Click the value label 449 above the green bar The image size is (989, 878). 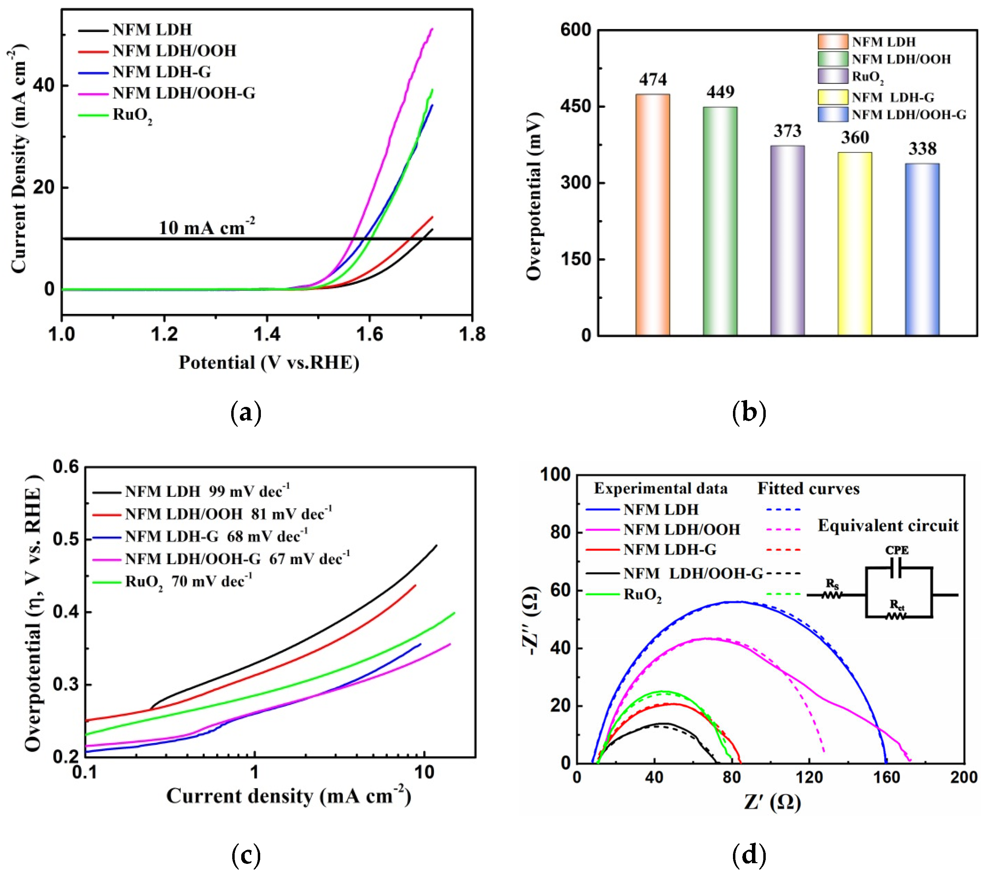[720, 92]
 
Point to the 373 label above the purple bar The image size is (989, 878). [787, 131]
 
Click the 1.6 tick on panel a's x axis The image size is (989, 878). [369, 334]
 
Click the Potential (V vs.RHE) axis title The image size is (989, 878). [269, 362]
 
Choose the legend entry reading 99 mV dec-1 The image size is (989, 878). [207, 492]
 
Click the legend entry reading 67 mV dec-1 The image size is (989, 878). [237, 559]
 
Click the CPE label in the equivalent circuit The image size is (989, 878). [897, 550]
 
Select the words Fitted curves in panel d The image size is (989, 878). [808, 489]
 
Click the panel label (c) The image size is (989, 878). [246, 855]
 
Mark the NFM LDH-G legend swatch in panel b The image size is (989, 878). [833, 97]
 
